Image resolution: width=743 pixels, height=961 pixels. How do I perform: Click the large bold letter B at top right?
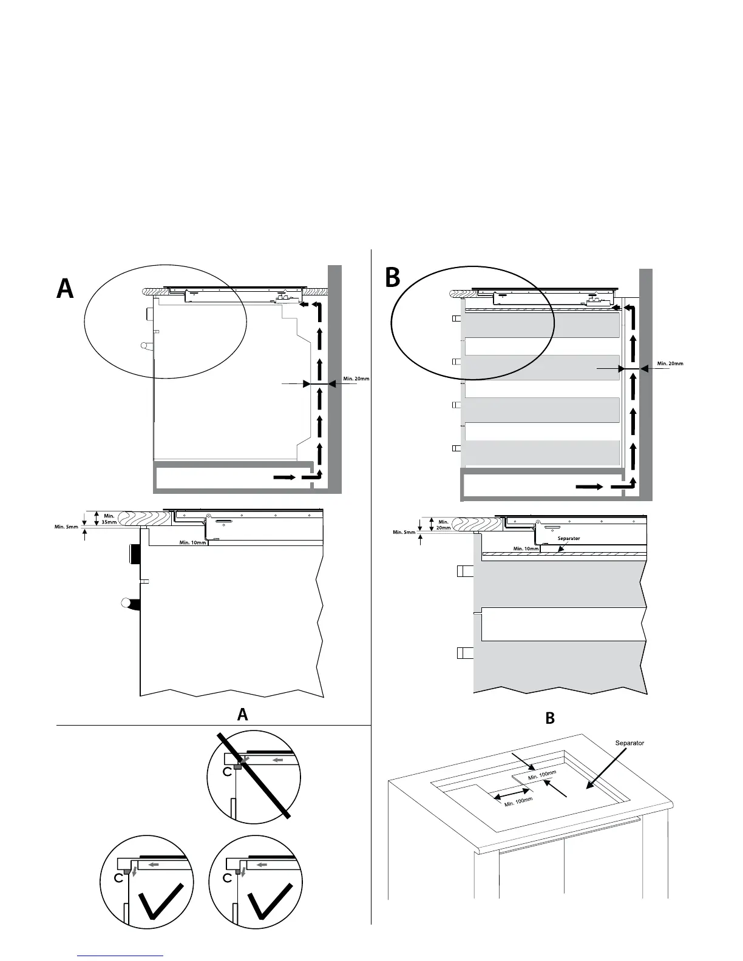(x=393, y=278)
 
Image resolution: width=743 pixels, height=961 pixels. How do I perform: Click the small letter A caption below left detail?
(x=243, y=715)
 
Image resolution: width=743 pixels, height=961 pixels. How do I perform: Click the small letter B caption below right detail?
(x=550, y=718)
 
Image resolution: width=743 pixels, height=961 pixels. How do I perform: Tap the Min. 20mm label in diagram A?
(x=356, y=379)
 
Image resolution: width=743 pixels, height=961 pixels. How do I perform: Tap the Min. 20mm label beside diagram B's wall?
(x=670, y=364)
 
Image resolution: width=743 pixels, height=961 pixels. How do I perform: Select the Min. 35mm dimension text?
(x=109, y=519)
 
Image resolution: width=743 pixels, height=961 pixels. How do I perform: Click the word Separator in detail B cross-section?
(x=569, y=538)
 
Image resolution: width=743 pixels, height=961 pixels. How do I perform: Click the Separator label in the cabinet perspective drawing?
(x=629, y=743)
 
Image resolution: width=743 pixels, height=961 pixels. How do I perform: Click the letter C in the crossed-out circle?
(x=226, y=772)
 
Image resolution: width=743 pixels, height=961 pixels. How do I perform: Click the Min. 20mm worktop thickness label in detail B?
(x=443, y=525)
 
